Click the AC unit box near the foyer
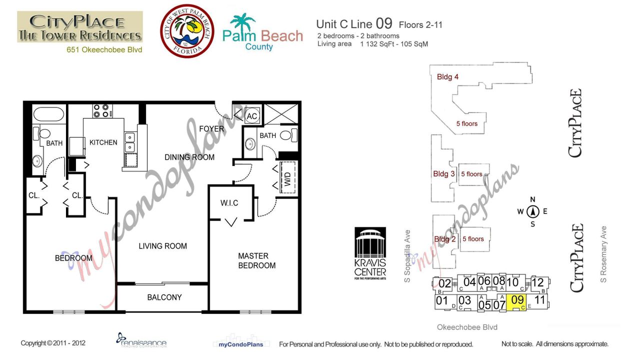[x=252, y=116]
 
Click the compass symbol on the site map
[x=533, y=211]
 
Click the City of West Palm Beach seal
[x=187, y=31]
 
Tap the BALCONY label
[x=164, y=297]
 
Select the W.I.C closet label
[x=229, y=203]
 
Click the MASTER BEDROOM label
[x=256, y=260]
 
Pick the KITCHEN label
[x=103, y=142]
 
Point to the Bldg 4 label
[x=447, y=77]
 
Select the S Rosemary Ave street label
[x=603, y=254]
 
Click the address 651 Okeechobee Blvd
[x=104, y=49]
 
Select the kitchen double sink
[x=130, y=142]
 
